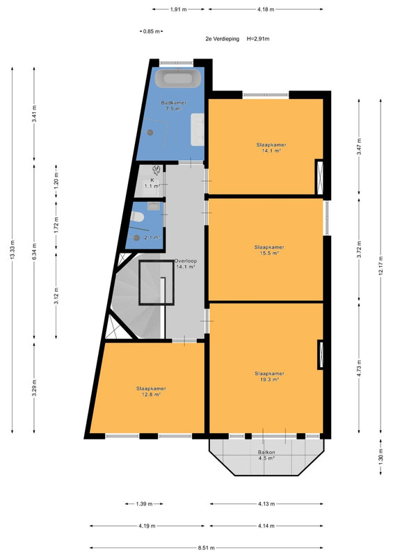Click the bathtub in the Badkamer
pos(178,78)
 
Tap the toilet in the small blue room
pos(136,216)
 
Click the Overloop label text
pos(185,260)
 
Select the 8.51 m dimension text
pos(207,548)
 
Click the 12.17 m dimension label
pos(380,265)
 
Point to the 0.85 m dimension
pos(152,31)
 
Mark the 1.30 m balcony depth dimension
pos(380,457)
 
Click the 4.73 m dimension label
pos(359,368)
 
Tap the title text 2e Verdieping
pos(223,39)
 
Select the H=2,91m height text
pos(258,39)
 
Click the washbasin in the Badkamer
pos(198,130)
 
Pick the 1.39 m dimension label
pos(144,503)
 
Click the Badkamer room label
pos(174,102)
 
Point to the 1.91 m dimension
pos(178,10)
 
